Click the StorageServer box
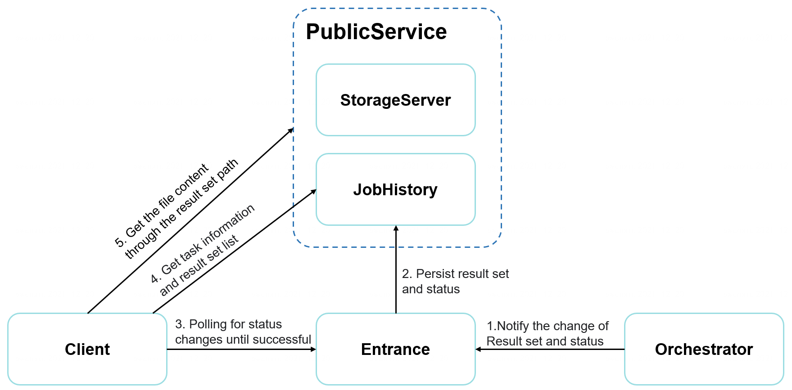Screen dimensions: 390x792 (x=395, y=100)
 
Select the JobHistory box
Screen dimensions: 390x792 (x=395, y=189)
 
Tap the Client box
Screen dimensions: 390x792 (x=87, y=349)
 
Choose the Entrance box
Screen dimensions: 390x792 (x=395, y=349)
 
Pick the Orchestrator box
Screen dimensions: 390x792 (x=704, y=349)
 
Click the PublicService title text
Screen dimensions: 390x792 (x=376, y=32)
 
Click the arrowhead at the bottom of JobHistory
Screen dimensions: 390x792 (x=396, y=229)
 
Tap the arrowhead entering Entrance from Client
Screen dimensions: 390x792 (x=313, y=349)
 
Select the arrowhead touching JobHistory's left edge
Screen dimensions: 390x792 (x=314, y=192)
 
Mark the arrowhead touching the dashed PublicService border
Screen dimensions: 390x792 (x=291, y=130)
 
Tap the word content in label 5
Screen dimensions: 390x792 (x=191, y=180)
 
